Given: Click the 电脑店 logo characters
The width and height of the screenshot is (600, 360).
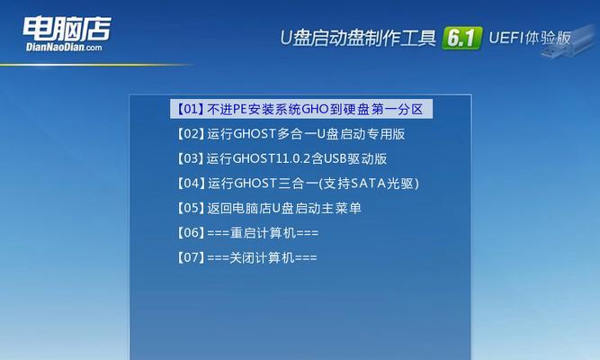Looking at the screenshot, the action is point(67,29).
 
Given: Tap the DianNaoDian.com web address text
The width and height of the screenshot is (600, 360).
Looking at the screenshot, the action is point(64,47).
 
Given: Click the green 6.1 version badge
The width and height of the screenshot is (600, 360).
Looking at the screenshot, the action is point(461,38).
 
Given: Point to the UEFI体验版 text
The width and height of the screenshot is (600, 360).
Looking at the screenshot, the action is point(530,38).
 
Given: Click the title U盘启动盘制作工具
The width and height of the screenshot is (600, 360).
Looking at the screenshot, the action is point(358,38).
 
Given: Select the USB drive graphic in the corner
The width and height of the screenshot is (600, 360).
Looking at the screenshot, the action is point(571,41).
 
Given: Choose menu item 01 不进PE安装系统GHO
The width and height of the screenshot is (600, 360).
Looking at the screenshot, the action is point(301,109).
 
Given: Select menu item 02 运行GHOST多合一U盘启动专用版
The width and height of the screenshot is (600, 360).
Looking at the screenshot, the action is point(291,134).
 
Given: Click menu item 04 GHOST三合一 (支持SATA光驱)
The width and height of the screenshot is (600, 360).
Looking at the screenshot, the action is point(298,184).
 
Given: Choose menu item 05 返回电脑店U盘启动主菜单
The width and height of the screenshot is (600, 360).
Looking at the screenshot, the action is point(269,208).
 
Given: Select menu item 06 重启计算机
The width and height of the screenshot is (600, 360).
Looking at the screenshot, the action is point(247,233).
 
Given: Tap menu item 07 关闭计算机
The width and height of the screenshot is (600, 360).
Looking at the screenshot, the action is point(246,257).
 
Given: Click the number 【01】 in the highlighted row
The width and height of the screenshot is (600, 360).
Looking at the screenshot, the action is point(190,109).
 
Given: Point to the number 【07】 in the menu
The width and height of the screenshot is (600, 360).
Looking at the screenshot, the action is point(190,257).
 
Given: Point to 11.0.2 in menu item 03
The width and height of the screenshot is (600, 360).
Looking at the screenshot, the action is point(294,159).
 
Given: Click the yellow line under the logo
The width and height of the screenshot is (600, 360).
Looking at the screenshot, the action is point(95,65).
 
